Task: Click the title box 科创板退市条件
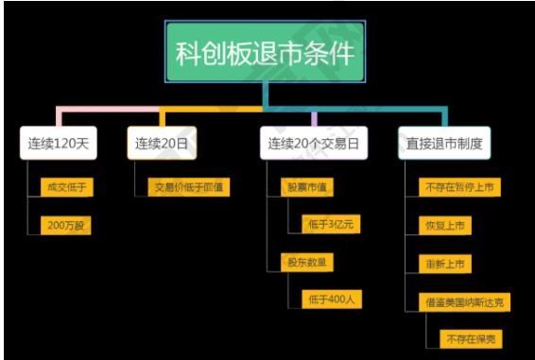267,53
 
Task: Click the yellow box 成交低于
66,187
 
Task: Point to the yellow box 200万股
66,225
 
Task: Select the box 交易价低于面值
189,187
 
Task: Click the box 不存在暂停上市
458,187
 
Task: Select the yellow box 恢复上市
444,225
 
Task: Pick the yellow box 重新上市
444,263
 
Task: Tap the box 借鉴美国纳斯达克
464,301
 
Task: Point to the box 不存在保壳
472,337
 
